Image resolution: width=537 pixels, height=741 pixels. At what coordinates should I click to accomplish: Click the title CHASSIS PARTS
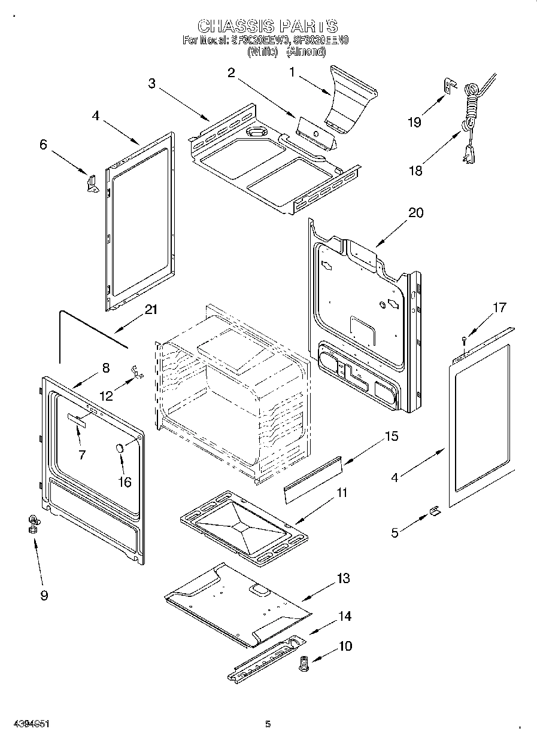pos(268,26)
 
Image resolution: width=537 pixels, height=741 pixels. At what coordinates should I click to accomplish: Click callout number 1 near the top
pos(292,72)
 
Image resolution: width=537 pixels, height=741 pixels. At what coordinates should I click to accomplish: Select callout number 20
pos(415,213)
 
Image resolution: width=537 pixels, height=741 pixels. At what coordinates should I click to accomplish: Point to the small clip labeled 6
pos(92,182)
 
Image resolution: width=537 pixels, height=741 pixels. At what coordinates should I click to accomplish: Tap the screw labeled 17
pos(464,340)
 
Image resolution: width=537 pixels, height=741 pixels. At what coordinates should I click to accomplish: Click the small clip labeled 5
pos(435,511)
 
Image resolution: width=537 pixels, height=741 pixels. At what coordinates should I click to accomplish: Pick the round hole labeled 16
pos(119,448)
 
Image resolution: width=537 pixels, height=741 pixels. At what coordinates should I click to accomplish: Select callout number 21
pos(151,309)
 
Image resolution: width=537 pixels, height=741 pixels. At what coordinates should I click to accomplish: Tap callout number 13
pos(342,578)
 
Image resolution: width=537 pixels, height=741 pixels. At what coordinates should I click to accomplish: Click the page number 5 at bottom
pos(268,724)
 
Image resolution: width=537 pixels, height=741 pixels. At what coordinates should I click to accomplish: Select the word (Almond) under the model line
pos(306,52)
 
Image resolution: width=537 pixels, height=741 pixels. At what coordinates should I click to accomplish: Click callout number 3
pos(152,84)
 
